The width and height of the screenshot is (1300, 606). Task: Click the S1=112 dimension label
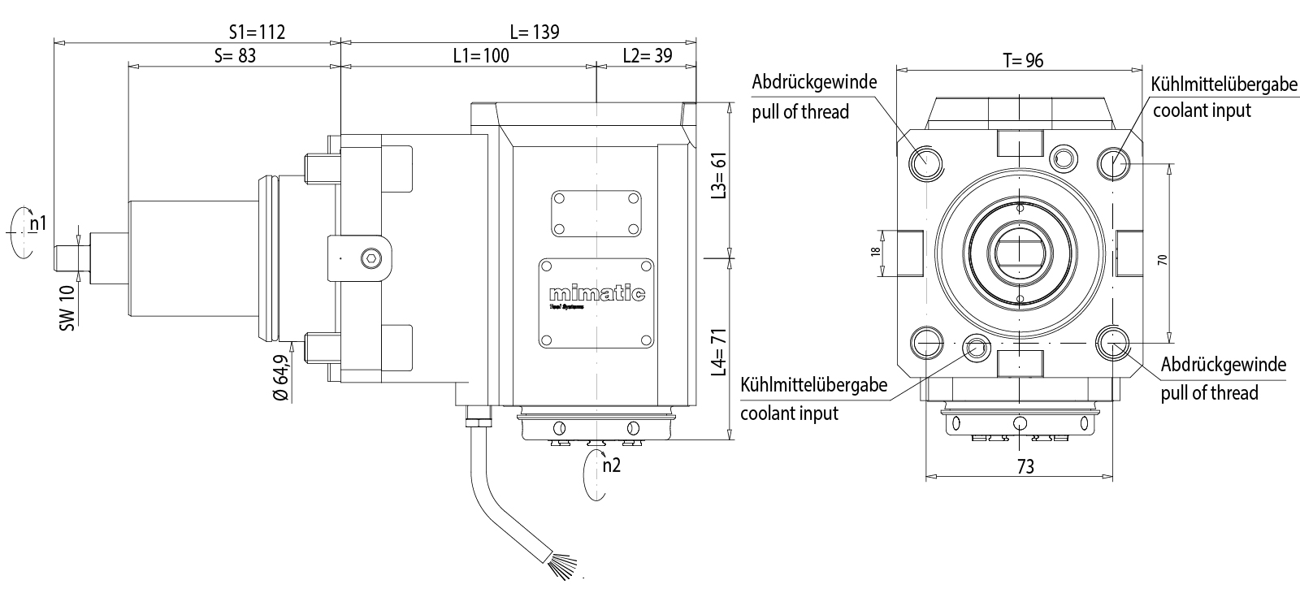tap(257, 32)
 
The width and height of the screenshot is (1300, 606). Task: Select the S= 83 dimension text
tap(235, 56)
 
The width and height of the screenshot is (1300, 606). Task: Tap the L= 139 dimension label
tap(535, 32)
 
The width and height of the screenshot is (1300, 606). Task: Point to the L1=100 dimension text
tap(481, 56)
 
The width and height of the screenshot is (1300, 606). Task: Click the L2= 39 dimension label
tap(648, 56)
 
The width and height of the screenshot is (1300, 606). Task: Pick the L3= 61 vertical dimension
tap(718, 175)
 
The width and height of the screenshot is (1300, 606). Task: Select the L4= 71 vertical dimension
tap(718, 351)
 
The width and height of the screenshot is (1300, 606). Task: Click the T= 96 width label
tap(1022, 61)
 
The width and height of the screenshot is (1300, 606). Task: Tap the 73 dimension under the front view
tap(1025, 466)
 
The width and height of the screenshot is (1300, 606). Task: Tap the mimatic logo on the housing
tap(596, 293)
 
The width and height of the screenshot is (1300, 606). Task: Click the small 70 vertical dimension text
tap(1163, 260)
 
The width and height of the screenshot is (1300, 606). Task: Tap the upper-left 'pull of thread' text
tap(800, 112)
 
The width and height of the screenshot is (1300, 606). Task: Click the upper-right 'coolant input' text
tap(1202, 110)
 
